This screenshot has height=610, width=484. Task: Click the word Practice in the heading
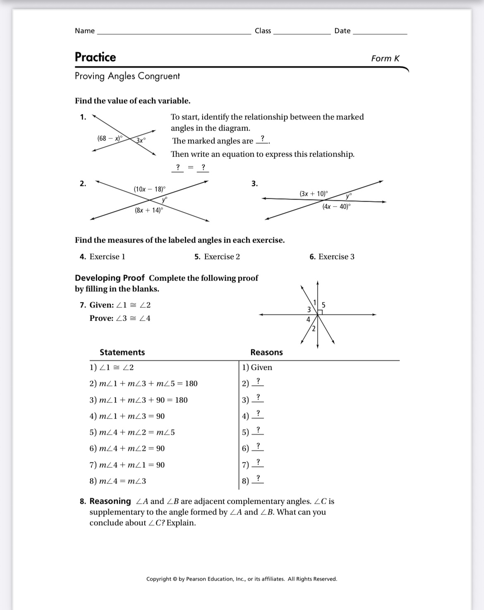[x=95, y=57]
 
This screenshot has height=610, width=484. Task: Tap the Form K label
[x=385, y=59]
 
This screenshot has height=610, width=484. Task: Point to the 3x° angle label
[x=141, y=141]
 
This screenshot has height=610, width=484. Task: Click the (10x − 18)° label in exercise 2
[x=149, y=189]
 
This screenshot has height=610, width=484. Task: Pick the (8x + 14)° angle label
[x=149, y=210]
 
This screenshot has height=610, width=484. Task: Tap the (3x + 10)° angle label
[x=314, y=194]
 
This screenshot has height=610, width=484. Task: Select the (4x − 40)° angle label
[x=336, y=207]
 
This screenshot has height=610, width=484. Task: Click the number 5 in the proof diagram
[x=323, y=305]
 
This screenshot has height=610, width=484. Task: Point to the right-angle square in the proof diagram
[x=320, y=312]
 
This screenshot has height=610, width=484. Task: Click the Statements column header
[x=122, y=353]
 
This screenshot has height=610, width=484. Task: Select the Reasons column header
[x=266, y=353]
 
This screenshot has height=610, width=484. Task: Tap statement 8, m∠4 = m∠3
[x=118, y=481]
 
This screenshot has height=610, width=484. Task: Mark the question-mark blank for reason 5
[x=258, y=430]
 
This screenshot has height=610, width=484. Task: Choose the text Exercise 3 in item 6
[x=336, y=257]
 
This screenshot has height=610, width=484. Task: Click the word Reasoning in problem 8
[x=110, y=501]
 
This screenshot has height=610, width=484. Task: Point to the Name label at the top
[x=85, y=31]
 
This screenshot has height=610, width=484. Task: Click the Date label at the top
[x=342, y=31]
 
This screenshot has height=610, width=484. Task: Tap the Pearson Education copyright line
[x=242, y=579]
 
